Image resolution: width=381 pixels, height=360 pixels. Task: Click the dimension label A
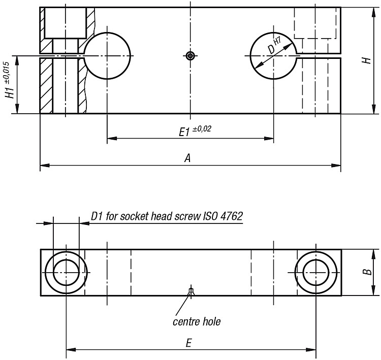(187, 158)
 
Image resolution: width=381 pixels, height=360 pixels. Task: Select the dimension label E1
(184, 133)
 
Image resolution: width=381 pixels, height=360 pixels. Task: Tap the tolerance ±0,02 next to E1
(202, 129)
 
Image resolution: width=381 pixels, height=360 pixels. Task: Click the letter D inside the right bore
(271, 50)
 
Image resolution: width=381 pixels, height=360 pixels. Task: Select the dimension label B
(368, 272)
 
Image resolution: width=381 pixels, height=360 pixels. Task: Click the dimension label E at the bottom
(188, 343)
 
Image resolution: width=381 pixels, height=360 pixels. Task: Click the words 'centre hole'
(197, 321)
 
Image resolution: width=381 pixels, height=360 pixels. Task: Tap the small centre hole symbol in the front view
(190, 56)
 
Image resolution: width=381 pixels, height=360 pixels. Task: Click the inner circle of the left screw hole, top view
(66, 259)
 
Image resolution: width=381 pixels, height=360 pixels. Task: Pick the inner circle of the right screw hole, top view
(316, 259)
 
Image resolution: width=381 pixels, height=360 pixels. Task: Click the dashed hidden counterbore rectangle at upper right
(315, 39)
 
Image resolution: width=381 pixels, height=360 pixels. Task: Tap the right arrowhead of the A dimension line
(336, 166)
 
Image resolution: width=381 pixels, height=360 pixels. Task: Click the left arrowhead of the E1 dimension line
(112, 139)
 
